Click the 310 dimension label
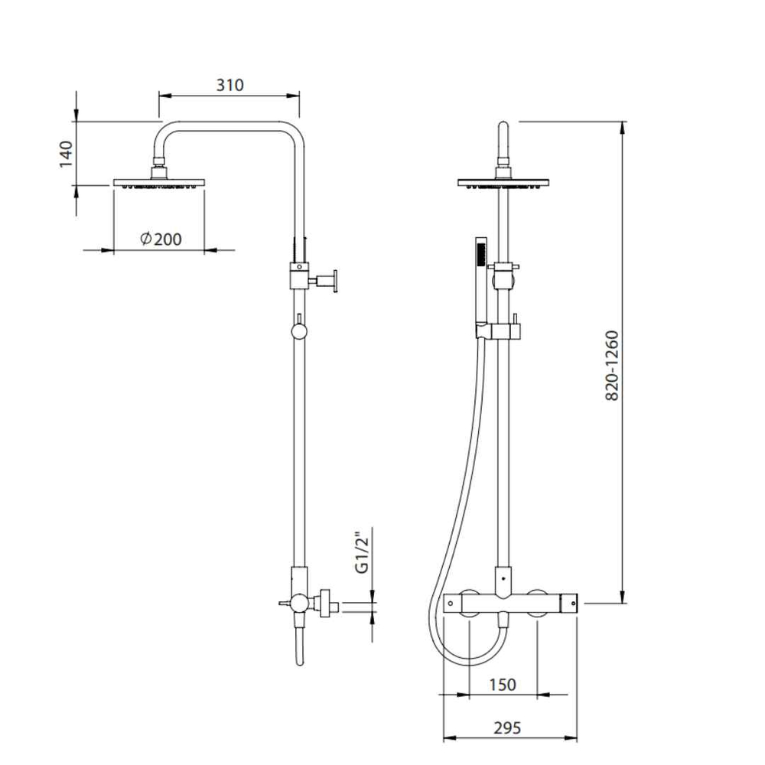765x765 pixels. [x=229, y=85]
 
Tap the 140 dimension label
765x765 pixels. [x=66, y=155]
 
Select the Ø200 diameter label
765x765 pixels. [x=161, y=239]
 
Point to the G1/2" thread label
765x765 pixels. [x=362, y=552]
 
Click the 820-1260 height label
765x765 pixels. [x=612, y=366]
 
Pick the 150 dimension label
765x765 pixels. [x=503, y=685]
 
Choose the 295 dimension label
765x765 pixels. [x=507, y=728]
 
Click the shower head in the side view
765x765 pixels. [x=159, y=183]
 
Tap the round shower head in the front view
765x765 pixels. [x=503, y=183]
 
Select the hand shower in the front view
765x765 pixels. [x=481, y=283]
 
